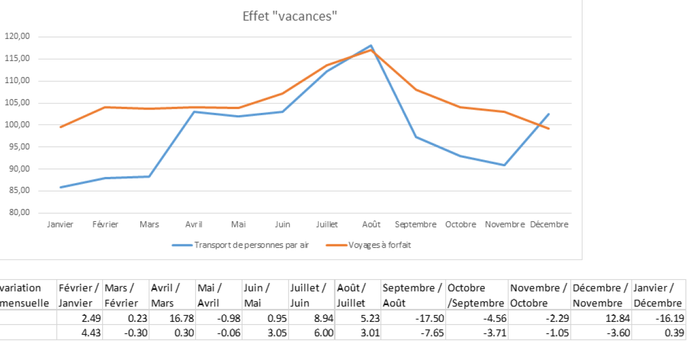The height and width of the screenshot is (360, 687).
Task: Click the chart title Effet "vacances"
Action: [x=289, y=16]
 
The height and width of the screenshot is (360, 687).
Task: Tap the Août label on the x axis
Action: [x=371, y=225]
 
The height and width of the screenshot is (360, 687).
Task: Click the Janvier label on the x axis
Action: [x=60, y=225]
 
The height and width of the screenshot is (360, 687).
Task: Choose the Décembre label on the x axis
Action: [x=549, y=225]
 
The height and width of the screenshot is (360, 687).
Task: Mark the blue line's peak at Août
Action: [x=371, y=45]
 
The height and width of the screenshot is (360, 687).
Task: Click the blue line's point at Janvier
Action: [x=60, y=187]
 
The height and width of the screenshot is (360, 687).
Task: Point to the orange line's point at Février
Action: [x=105, y=107]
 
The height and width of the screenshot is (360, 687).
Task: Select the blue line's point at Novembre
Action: [x=505, y=165]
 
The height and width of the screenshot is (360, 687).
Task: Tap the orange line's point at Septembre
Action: [x=415, y=89]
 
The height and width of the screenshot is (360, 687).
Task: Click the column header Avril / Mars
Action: [x=172, y=295]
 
